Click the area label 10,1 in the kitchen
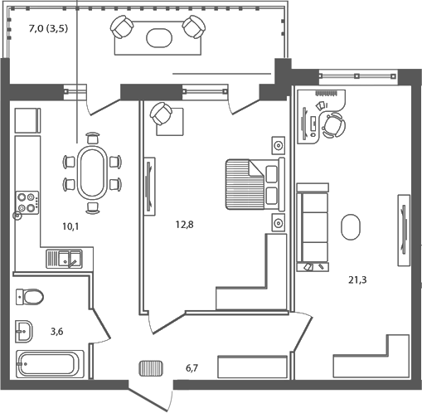click(71, 222)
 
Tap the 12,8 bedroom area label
click(184, 222)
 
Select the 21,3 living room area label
click(357, 279)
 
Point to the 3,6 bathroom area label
click(57, 332)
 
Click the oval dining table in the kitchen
click(92, 173)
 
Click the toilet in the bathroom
click(32, 295)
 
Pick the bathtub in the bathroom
click(50, 363)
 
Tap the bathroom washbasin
click(23, 331)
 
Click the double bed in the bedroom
click(254, 182)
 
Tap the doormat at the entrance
click(151, 367)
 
